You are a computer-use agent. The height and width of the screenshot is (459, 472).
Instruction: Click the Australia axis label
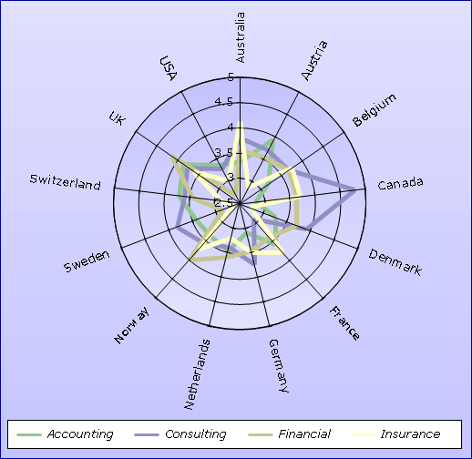240,37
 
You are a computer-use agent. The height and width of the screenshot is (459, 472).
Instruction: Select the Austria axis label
314,60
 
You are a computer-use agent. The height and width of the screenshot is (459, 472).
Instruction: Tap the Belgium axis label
375,110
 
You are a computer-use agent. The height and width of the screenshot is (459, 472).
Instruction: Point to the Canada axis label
400,183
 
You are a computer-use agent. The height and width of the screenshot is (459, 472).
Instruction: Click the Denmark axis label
395,262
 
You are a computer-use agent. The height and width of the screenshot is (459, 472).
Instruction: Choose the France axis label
344,323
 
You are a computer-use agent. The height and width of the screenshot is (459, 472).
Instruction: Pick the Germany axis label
279,366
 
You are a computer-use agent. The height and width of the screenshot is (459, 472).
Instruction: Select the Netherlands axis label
197,374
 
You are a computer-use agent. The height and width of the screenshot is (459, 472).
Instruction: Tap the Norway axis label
132,325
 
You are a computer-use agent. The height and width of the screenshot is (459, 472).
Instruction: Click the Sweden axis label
87,261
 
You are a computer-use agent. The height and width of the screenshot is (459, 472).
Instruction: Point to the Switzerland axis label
65,182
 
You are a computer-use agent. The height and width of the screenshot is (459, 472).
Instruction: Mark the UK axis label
117,118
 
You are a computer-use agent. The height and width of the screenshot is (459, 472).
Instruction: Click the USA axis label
169,68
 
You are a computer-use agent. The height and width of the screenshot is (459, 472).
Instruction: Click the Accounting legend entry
65,434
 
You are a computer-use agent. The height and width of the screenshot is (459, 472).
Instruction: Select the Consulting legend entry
180,434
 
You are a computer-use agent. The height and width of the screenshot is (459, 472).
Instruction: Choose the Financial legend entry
290,434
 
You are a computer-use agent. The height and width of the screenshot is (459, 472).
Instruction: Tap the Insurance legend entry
395,434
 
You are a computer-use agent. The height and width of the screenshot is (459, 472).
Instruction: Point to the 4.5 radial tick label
224,102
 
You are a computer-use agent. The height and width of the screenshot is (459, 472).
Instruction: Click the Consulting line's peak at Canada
355,190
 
